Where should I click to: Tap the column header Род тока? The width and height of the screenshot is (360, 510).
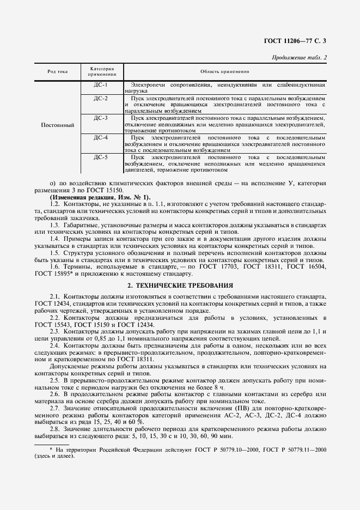click(x=58, y=71)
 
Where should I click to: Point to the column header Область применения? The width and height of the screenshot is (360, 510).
click(x=224, y=71)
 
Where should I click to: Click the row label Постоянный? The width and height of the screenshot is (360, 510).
click(x=58, y=125)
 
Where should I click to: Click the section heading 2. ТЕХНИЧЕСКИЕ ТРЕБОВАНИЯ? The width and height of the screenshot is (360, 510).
click(x=180, y=285)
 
